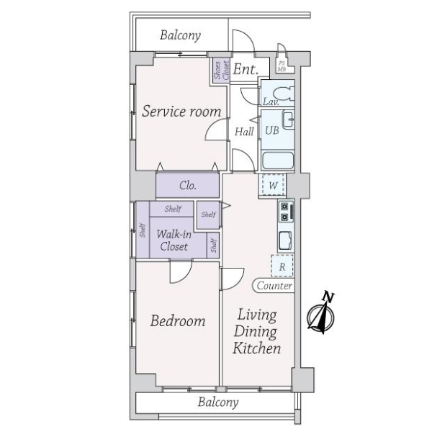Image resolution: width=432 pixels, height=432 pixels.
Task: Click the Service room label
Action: click(181, 111)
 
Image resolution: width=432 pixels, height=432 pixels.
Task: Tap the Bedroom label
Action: click(178, 320)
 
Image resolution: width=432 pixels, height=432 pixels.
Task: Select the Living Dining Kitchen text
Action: click(256, 332)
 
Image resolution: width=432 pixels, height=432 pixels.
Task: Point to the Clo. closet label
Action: click(187, 186)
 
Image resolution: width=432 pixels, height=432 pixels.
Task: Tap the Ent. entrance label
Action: click(246, 70)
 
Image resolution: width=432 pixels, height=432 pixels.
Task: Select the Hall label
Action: click(244, 132)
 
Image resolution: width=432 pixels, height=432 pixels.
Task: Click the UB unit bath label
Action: click(272, 130)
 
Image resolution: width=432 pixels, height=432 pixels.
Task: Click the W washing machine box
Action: click(273, 185)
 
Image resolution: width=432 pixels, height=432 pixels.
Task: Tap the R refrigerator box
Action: click(282, 266)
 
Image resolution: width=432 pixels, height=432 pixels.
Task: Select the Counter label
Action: click(274, 286)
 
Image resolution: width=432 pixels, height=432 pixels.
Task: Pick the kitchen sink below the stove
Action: click(284, 239)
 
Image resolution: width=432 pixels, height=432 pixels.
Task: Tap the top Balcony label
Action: click(180, 35)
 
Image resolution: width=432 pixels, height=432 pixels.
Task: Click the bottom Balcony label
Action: click(217, 402)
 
